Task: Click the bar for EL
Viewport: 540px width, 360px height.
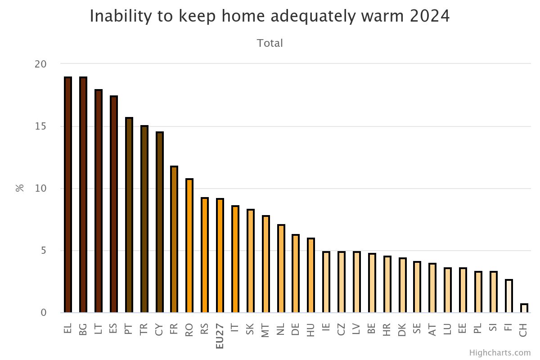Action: [x=68, y=195]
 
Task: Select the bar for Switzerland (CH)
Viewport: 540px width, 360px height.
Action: [x=524, y=308]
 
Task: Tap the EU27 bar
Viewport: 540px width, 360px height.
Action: [x=220, y=256]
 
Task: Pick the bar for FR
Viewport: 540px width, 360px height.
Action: [x=174, y=239]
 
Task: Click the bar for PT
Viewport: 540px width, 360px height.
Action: [x=129, y=215]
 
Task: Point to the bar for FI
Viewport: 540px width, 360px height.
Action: [x=508, y=296]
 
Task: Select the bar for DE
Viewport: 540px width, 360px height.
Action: [x=296, y=274]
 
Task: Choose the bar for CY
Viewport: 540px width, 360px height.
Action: [x=159, y=222]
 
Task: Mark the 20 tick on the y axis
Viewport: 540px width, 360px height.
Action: [x=40, y=64]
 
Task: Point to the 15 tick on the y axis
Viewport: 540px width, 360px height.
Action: [x=40, y=126]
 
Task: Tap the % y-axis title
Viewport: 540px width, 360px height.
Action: [x=20, y=188]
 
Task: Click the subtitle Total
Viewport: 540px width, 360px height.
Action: [x=270, y=43]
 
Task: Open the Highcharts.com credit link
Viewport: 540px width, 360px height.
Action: [x=499, y=352]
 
